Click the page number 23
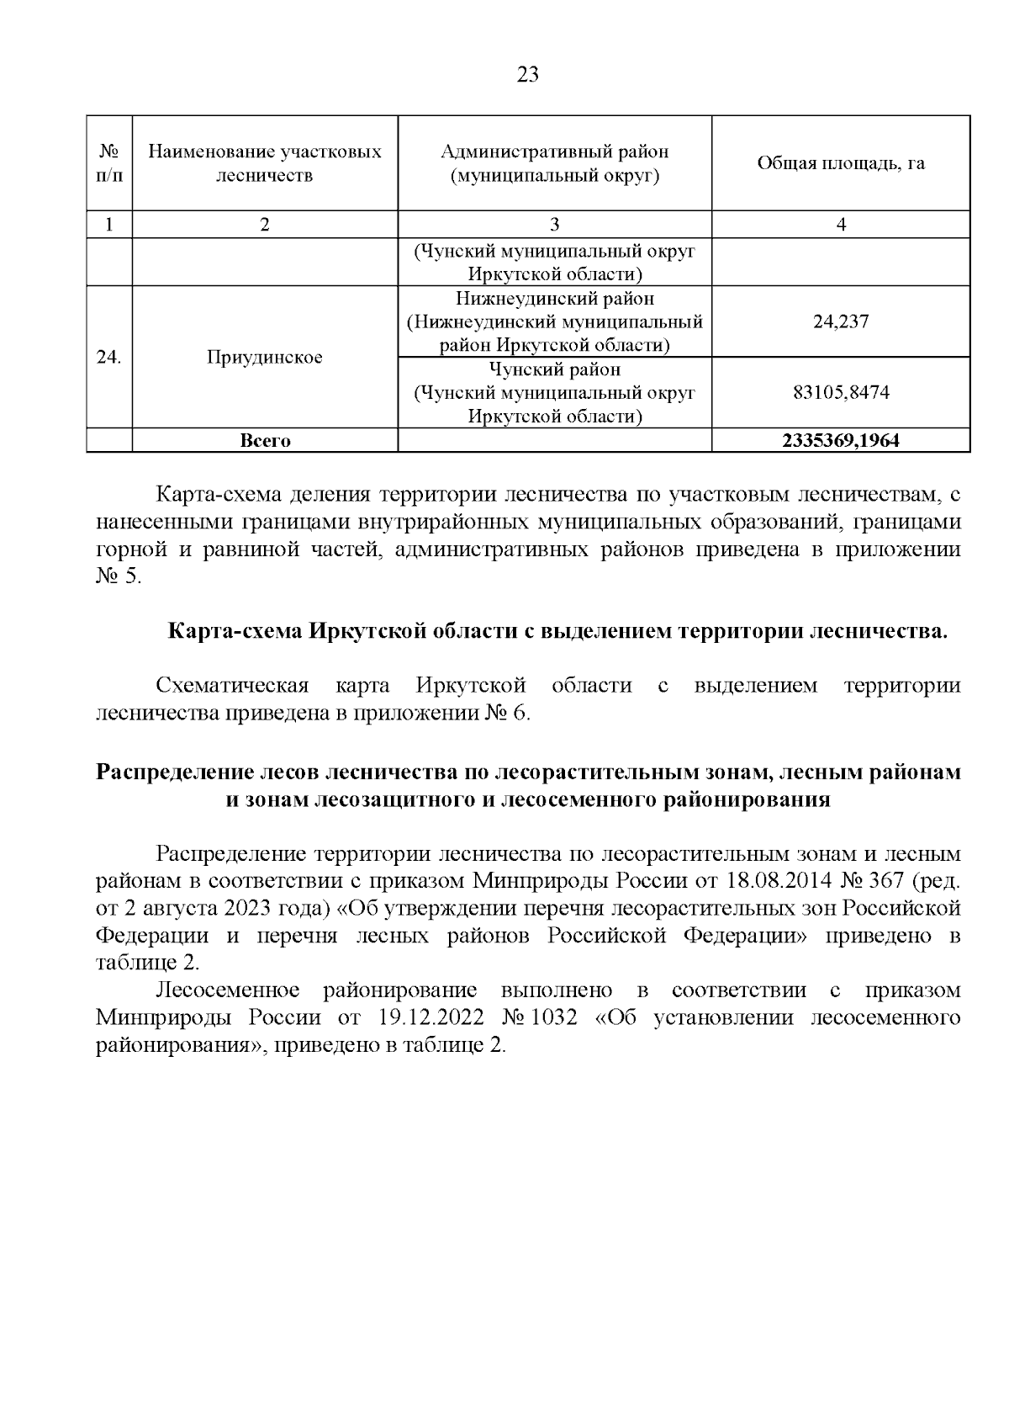(527, 75)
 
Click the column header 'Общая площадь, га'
(840, 163)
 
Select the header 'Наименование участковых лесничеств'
(265, 163)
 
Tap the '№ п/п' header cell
(109, 163)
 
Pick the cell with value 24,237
(840, 321)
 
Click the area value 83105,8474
(840, 392)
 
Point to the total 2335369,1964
(840, 440)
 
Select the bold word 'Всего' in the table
(265, 440)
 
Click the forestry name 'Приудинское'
(265, 357)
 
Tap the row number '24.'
(109, 357)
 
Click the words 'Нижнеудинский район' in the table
(554, 299)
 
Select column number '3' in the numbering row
(554, 224)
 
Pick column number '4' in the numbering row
(840, 224)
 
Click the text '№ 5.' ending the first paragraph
(119, 578)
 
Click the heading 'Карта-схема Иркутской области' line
(557, 632)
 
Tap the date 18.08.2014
(778, 881)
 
